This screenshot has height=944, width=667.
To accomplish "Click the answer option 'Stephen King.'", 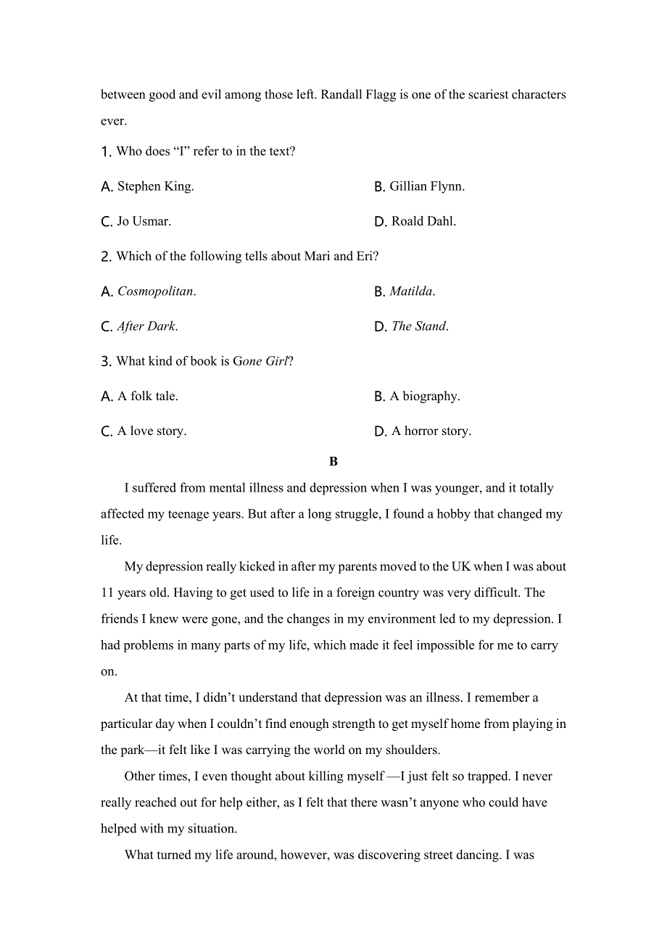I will [x=155, y=186].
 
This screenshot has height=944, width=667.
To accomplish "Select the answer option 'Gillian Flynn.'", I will [x=427, y=186].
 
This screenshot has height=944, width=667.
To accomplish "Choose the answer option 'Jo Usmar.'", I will [x=144, y=221].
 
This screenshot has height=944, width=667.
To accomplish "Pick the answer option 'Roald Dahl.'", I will [x=423, y=221].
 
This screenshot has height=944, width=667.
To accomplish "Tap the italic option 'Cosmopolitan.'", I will [x=157, y=291].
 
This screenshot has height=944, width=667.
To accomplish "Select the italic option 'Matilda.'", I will [x=412, y=291].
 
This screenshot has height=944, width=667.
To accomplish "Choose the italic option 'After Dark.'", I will [x=147, y=326].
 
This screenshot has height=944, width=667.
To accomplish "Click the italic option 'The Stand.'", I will [x=420, y=326].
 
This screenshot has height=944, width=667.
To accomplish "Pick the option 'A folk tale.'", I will [x=147, y=396].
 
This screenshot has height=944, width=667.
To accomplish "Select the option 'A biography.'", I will [x=425, y=396].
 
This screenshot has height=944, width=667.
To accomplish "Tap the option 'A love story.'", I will [x=152, y=431].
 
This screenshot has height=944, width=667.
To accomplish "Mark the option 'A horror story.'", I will [x=431, y=431].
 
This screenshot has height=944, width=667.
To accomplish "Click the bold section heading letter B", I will [x=333, y=461].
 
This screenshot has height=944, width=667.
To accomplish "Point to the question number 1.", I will [x=105, y=152].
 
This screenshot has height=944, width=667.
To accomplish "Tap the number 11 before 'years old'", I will [x=107, y=592].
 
